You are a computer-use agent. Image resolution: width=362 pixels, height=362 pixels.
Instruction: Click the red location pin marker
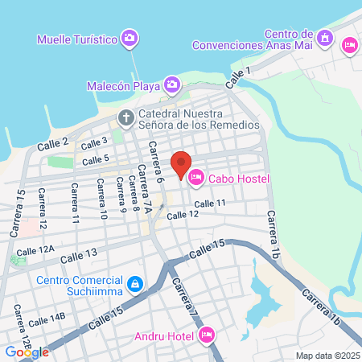pyautogui.click(x=181, y=165)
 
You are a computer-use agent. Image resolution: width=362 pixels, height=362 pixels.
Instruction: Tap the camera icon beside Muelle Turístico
pyautogui.click(x=130, y=38)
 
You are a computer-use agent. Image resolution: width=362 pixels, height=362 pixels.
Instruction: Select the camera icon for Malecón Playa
pyautogui.click(x=172, y=84)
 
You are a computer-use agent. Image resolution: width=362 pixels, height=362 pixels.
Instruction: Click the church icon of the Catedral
pyautogui.click(x=125, y=118)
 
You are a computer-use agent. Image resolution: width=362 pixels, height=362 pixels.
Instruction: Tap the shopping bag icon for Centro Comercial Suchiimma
pyautogui.click(x=136, y=283)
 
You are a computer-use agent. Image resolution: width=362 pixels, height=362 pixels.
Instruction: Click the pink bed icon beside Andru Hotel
pyautogui.click(x=206, y=333)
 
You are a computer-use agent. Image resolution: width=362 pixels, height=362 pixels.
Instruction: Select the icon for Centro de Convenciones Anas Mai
pyautogui.click(x=325, y=37)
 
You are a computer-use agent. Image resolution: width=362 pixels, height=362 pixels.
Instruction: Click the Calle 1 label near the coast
pyautogui.click(x=239, y=77)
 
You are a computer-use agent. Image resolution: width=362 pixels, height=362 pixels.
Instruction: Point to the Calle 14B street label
pyautogui.click(x=46, y=319)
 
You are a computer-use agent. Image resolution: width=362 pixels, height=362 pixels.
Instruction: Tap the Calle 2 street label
pyautogui.click(x=53, y=144)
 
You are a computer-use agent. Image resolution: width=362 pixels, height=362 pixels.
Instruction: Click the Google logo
pyautogui.click(x=27, y=352)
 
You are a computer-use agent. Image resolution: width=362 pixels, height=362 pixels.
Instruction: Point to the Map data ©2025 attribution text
pyautogui.click(x=326, y=356)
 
